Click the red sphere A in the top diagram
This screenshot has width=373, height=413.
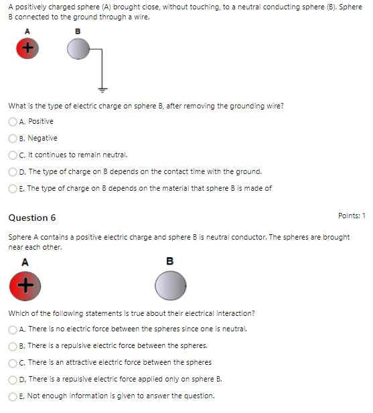coord(27,48)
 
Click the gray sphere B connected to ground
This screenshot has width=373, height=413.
coord(78,48)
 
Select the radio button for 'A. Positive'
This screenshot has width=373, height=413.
coord(13,122)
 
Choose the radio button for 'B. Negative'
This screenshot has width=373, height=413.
coord(13,139)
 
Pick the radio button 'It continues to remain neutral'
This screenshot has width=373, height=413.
coord(13,155)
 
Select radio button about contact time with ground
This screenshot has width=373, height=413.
coord(13,171)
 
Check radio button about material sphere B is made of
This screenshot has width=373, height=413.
coord(13,188)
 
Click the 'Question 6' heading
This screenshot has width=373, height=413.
coord(32,218)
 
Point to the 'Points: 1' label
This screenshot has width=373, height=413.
coord(352,216)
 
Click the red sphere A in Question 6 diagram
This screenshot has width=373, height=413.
coord(25,286)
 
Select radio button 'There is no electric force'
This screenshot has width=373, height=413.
coord(13,329)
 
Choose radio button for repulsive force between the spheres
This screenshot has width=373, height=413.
coord(13,346)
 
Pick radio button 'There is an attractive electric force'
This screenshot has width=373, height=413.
coord(13,363)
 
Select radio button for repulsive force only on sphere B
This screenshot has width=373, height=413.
coord(13,380)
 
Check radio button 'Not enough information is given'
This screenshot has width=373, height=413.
coord(13,396)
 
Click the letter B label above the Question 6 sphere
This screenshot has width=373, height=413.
coord(169,261)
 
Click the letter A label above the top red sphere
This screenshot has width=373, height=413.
coord(27,31)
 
